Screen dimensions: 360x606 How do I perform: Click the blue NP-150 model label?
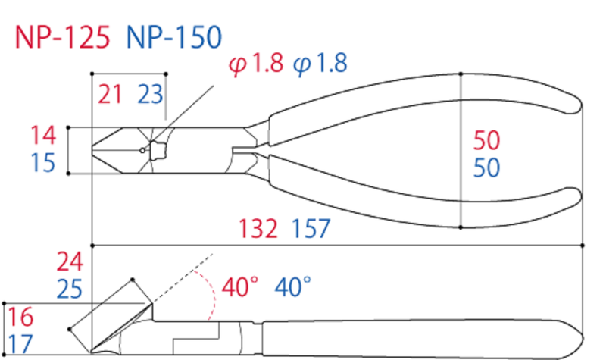pos(174,36)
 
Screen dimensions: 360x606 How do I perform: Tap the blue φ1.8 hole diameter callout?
pos(320,64)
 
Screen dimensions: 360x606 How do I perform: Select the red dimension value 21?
pos(111,94)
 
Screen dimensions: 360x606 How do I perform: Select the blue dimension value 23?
pos(150,94)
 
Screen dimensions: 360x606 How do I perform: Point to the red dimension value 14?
pos(43,136)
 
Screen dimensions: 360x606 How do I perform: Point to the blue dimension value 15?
pos(43,163)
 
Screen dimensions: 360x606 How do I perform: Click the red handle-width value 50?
pos(486,140)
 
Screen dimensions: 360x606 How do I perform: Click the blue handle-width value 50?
pos(486,167)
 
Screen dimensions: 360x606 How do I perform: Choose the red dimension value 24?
pos(72,262)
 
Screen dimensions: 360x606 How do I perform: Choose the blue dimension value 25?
pos(72,289)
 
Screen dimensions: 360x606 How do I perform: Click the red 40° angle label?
pos(241,288)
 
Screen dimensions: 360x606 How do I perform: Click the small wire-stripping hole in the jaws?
pos(142,149)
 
